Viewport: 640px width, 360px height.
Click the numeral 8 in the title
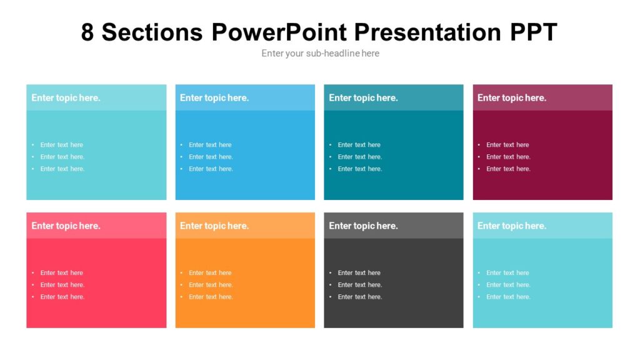87,32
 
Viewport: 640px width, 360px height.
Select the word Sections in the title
152,32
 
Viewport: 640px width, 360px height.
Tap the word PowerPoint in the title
281,32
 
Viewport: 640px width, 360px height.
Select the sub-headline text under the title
320,53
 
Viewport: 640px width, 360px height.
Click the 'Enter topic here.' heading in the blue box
214,97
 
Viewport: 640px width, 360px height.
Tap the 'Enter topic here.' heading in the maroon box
511,97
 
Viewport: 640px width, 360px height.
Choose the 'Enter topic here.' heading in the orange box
214,226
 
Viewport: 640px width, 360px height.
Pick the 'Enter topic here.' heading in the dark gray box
363,226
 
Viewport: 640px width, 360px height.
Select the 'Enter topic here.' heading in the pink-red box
66,226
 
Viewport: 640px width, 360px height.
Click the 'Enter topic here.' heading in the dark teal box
363,97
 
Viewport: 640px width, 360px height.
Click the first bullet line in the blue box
210,145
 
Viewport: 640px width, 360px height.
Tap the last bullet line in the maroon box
508,169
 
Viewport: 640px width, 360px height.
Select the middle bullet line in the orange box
211,285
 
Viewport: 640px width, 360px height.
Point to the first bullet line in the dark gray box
359,273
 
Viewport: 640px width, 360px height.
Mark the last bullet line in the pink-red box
62,297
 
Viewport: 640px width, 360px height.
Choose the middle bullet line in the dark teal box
359,157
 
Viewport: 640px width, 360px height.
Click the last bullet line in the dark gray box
359,297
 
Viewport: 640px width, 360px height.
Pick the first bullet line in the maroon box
507,145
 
